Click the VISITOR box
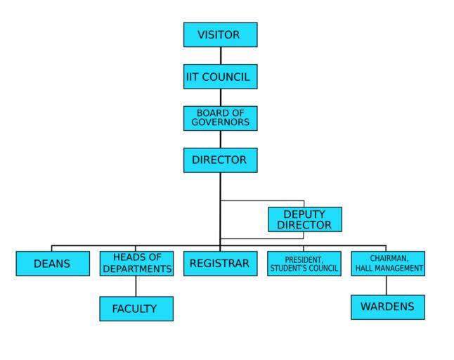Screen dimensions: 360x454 (220, 34)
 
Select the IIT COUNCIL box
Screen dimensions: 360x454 (220, 77)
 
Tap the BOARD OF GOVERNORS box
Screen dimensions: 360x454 (220, 118)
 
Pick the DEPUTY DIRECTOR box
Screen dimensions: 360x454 (304, 219)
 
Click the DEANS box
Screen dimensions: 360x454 (53, 264)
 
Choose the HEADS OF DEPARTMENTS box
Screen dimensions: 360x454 (136, 263)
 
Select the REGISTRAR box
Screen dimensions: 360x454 (220, 264)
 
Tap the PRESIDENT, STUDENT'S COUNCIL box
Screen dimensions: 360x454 (304, 264)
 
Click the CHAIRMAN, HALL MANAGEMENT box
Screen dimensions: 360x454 (388, 264)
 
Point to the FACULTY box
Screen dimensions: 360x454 (136, 309)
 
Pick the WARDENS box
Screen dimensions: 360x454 (388, 307)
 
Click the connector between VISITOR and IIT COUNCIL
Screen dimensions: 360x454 (221, 56)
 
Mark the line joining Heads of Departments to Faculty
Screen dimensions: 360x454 (136, 286)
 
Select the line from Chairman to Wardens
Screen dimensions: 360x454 (386, 285)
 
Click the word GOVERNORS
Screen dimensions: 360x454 (221, 122)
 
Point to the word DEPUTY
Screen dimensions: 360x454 (304, 214)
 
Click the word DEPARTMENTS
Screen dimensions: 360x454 (137, 269)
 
